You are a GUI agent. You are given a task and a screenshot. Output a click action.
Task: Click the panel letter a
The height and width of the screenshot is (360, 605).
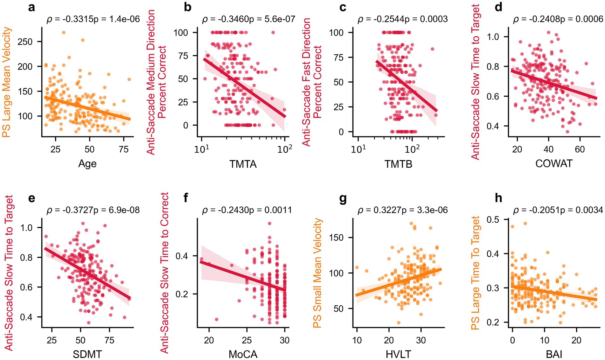tap(31, 7)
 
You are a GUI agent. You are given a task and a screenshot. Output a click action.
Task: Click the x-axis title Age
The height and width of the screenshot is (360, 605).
tap(87, 163)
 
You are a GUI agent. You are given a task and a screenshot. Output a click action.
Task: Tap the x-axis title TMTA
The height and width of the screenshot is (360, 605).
tap(243, 164)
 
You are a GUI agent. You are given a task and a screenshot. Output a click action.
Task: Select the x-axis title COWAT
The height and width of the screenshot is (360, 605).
tap(554, 163)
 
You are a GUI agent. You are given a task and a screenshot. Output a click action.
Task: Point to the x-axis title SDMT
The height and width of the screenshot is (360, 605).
tap(87, 354)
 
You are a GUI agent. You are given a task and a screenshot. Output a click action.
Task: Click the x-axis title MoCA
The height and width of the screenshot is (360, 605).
tap(243, 354)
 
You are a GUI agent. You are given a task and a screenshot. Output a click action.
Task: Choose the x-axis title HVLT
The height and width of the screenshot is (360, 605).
tap(398, 354)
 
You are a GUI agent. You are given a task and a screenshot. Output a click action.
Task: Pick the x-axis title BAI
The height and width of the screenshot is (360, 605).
tap(554, 354)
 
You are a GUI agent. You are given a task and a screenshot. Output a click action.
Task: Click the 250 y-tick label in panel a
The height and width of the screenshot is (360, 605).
tap(25, 42)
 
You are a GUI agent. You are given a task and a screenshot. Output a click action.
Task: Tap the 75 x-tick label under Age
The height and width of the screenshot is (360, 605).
tap(123, 149)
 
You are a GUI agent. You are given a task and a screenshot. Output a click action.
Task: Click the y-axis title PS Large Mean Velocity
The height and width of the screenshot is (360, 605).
tap(7, 82)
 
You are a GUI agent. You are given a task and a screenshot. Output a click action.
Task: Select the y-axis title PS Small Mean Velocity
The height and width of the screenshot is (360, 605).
tap(317, 273)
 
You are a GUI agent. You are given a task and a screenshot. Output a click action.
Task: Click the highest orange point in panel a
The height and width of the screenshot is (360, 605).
tap(64, 32)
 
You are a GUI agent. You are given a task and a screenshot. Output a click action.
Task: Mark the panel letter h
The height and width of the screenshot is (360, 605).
tap(498, 198)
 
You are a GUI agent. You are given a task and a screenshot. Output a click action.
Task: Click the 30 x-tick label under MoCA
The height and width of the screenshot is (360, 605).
tap(284, 340)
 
